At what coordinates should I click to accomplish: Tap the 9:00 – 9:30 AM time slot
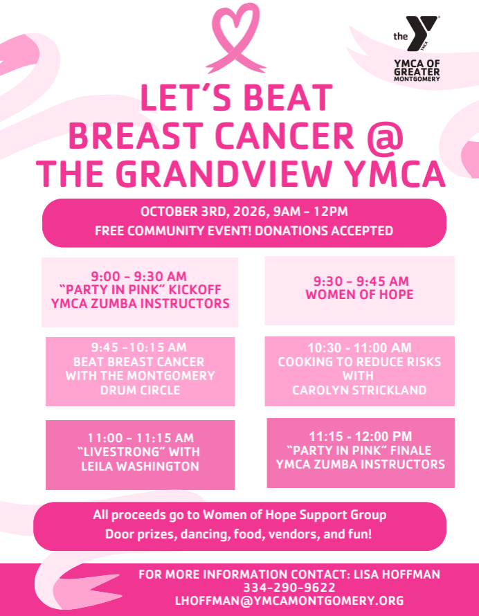tap(139, 276)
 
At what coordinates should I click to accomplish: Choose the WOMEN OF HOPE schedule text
tap(359, 294)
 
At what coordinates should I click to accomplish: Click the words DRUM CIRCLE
tap(141, 390)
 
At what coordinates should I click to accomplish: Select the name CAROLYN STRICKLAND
tap(359, 390)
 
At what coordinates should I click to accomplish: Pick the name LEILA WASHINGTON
tap(141, 466)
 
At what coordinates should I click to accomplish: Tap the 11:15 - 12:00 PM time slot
tap(361, 436)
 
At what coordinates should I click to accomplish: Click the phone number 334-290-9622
tap(289, 588)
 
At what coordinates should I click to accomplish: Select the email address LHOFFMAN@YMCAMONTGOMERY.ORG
tap(289, 601)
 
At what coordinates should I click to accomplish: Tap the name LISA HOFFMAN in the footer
tap(397, 574)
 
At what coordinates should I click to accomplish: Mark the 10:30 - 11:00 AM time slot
tap(359, 347)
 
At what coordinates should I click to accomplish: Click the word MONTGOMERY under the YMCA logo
tap(417, 79)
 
